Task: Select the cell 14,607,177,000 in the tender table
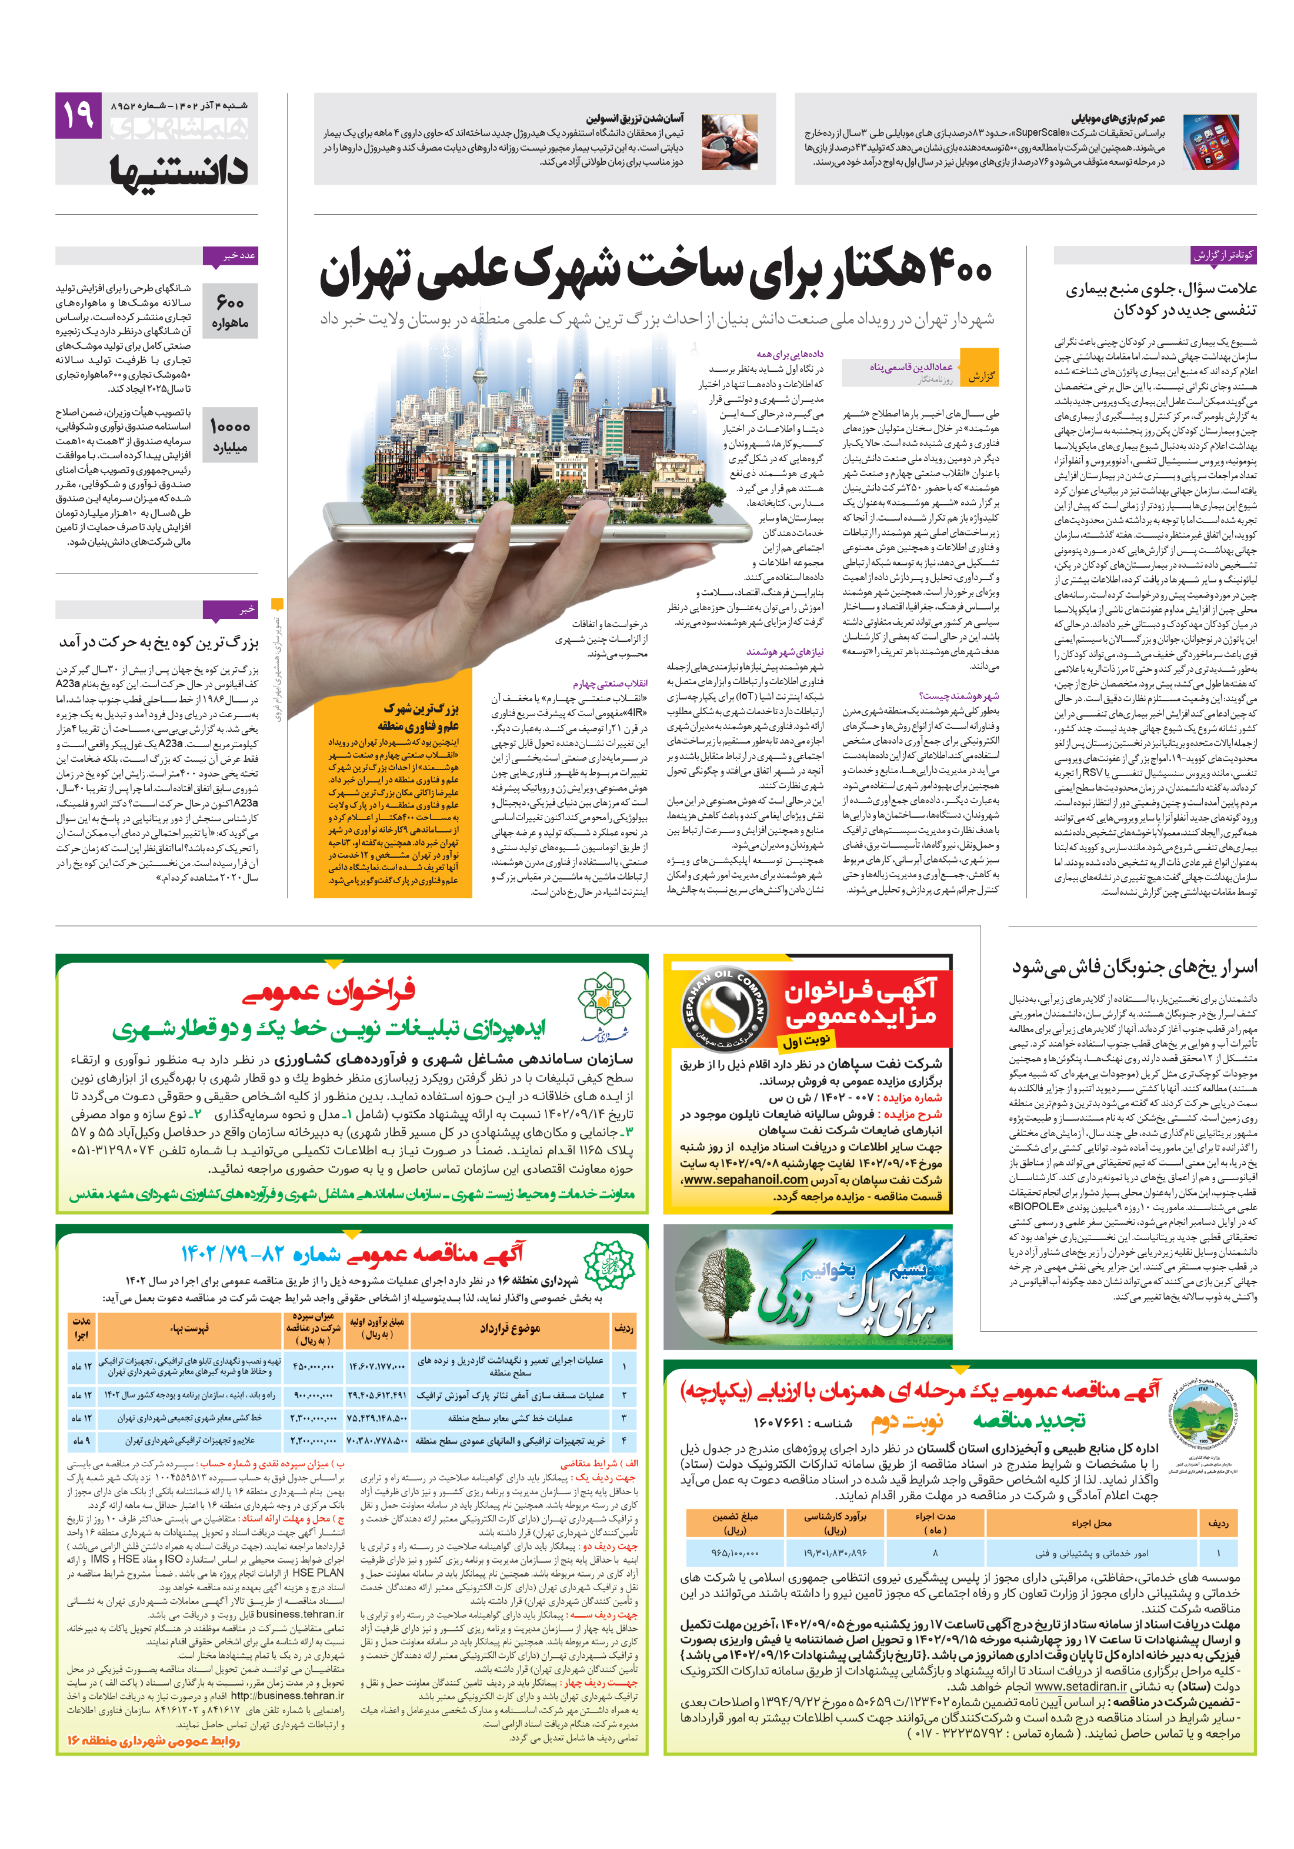(378, 1366)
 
